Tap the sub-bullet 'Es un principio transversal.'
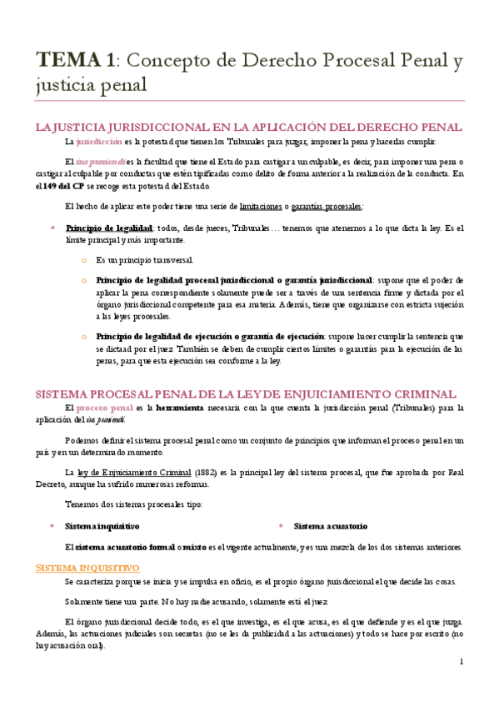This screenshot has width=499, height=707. click(x=143, y=260)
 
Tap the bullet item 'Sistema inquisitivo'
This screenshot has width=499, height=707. click(x=102, y=526)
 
